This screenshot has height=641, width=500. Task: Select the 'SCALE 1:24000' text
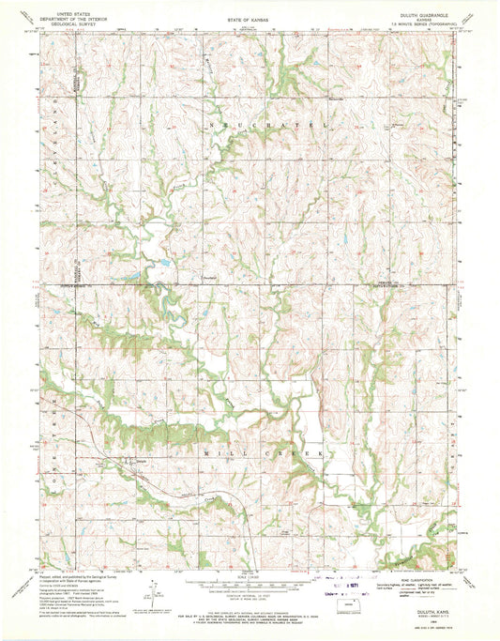[250, 574]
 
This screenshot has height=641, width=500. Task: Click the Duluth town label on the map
[133, 461]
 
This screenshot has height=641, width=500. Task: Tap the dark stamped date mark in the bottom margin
[354, 584]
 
